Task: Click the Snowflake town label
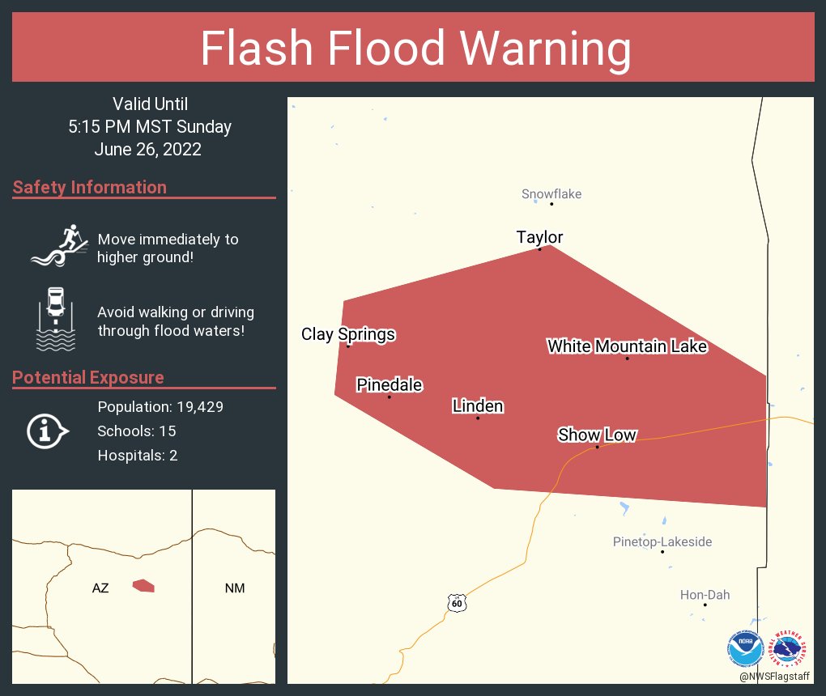(551, 194)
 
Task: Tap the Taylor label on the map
(539, 237)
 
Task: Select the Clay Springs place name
(348, 334)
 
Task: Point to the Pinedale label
(390, 385)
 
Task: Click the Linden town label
(478, 406)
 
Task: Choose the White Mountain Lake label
(627, 347)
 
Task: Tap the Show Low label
(597, 435)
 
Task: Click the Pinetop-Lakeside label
(662, 541)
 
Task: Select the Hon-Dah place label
(705, 595)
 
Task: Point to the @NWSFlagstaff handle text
(774, 676)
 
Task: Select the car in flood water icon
(56, 319)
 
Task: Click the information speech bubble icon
(48, 431)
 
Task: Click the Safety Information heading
(90, 188)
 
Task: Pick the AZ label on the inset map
(100, 588)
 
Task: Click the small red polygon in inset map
(143, 585)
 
